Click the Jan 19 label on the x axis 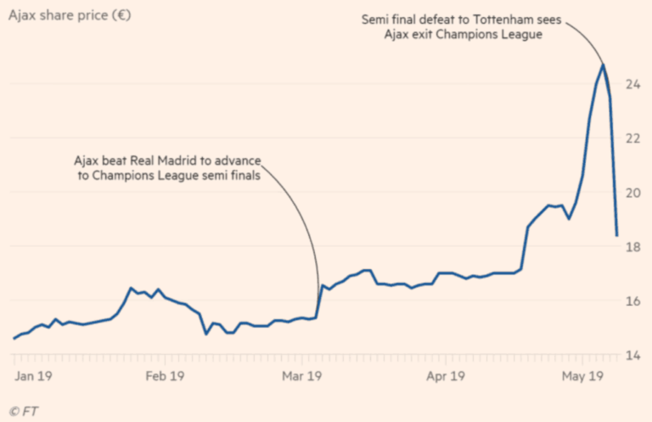[x=34, y=374]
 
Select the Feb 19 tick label [x=166, y=374]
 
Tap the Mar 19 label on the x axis [x=302, y=374]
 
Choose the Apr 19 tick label [x=445, y=374]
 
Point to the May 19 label [x=582, y=374]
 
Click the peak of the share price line [x=603, y=65]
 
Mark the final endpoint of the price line [x=616, y=235]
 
